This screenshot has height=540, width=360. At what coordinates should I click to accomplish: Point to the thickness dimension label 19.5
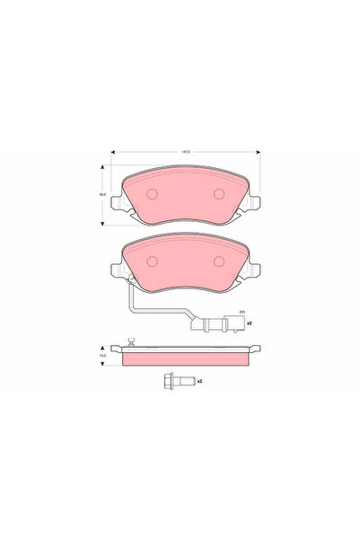pyautogui.click(x=102, y=353)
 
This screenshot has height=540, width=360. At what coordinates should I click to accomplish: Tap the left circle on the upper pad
pyautogui.click(x=151, y=194)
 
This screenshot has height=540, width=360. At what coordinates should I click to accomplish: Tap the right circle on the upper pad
pyautogui.click(x=218, y=194)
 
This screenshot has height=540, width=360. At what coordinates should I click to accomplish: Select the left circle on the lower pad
pyautogui.click(x=151, y=261)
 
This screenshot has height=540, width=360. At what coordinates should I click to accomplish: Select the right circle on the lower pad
pyautogui.click(x=218, y=261)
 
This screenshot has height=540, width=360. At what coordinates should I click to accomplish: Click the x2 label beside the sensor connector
pyautogui.click(x=250, y=322)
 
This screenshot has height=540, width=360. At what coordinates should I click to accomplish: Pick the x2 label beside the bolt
pyautogui.click(x=199, y=381)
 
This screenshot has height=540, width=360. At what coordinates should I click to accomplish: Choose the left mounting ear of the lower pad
pyautogui.click(x=114, y=270)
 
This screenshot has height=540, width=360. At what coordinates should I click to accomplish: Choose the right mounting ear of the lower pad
pyautogui.click(x=256, y=270)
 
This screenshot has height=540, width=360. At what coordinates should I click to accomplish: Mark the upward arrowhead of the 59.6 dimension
pyautogui.click(x=102, y=168)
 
